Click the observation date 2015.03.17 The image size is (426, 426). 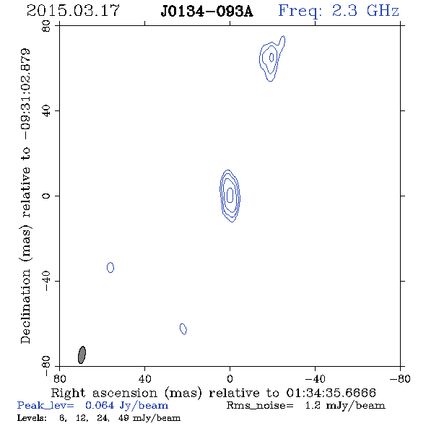click(x=73, y=11)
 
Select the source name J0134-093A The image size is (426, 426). click(x=207, y=12)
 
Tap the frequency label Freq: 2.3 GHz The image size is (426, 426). click(x=339, y=11)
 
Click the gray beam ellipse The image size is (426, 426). click(x=82, y=355)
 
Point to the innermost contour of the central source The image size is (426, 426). click(x=230, y=195)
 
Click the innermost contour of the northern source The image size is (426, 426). click(x=271, y=57)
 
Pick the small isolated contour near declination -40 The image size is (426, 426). click(x=110, y=268)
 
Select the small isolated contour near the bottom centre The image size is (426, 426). click(x=183, y=329)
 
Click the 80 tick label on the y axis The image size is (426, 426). click(x=46, y=26)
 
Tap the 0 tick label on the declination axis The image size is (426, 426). click(x=46, y=196)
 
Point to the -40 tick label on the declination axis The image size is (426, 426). click(x=46, y=281)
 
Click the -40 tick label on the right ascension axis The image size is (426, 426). click(x=315, y=378)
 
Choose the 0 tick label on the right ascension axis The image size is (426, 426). click(x=230, y=378)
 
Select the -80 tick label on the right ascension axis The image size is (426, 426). click(x=400, y=378)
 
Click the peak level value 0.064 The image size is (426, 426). click(x=100, y=405)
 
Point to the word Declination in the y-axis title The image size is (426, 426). click(x=25, y=307)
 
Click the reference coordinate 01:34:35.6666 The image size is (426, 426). click(x=331, y=393)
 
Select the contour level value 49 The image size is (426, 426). click(x=123, y=417)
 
